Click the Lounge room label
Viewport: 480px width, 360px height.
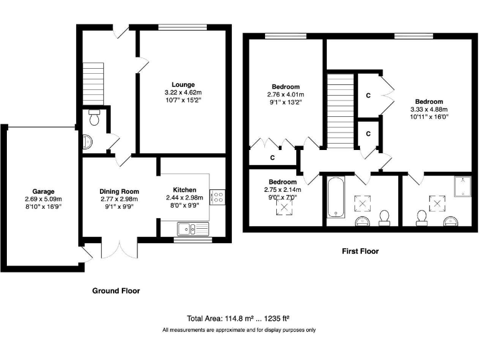click(184, 84)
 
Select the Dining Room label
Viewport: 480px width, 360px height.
click(119, 191)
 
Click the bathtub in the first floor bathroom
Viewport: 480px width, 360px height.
click(334, 197)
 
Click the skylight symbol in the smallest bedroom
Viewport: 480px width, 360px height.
click(285, 207)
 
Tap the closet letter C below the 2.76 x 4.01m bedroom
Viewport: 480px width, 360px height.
click(272, 157)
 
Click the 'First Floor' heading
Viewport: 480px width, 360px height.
click(360, 251)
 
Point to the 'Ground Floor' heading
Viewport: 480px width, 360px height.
click(116, 291)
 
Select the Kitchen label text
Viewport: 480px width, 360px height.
click(184, 190)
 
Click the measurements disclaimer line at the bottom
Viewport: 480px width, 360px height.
click(239, 330)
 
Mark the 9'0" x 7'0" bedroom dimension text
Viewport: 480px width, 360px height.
click(284, 197)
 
